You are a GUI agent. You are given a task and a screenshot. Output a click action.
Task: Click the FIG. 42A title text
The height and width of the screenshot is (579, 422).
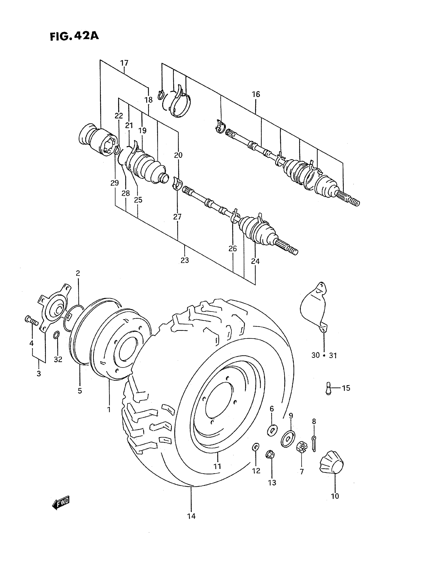coord(74,36)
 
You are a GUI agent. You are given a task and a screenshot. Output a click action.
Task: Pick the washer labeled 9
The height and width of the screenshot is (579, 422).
coord(288,439)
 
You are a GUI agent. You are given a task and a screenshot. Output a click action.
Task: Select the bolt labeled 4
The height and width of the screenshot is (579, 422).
coord(31,321)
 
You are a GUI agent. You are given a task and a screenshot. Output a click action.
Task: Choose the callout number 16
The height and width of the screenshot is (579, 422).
coord(256,95)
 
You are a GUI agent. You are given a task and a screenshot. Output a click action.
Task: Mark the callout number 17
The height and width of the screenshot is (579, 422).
coord(124,63)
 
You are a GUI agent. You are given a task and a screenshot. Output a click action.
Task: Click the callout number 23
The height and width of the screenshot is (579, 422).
coord(185,260)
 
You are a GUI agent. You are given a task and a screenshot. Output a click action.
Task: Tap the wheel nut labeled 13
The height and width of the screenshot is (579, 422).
coord(270,455)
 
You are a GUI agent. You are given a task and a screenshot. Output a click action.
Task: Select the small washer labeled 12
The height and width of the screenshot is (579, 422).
coord(255,447)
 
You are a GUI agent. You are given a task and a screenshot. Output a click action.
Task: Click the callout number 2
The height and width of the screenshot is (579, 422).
coord(78,273)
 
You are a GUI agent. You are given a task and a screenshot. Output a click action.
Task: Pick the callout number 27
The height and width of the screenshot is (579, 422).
coord(177,217)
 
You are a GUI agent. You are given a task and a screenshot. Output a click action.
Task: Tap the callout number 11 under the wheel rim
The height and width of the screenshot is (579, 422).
coord(217,466)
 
